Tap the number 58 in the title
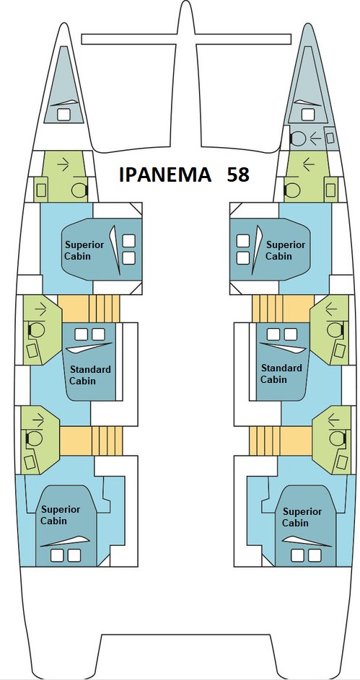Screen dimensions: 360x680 [238, 175]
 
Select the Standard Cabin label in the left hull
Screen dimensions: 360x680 [90, 375]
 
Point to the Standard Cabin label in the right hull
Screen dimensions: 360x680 [281, 374]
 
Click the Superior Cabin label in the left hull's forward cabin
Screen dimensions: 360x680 [84, 250]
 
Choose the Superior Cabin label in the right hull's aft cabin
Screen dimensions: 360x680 [302, 517]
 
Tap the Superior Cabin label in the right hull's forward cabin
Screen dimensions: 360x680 [286, 250]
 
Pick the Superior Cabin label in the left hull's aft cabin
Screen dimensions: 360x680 [61, 514]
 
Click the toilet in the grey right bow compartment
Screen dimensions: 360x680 [297, 138]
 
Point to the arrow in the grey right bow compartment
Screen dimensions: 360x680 [315, 138]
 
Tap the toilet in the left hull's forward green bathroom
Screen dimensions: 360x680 [79, 190]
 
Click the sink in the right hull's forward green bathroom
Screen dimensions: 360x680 [330, 190]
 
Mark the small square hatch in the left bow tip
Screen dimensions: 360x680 [63, 115]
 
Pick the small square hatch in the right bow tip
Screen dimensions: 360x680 [308, 115]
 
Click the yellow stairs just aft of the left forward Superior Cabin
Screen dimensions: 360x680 [89, 309]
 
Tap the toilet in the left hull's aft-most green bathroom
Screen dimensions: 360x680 [35, 439]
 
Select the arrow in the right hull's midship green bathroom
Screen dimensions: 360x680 [331, 309]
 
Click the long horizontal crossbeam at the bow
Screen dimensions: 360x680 [186, 39]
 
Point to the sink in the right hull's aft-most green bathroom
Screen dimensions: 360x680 [341, 462]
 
